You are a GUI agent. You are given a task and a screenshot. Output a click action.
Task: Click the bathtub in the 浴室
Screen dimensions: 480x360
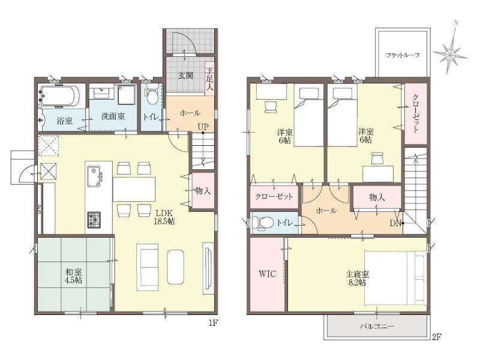coord(61,97)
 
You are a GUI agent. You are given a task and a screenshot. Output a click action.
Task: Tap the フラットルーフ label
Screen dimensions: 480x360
coord(402,55)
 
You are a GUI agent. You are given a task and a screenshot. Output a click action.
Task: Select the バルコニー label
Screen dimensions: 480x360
coord(377,326)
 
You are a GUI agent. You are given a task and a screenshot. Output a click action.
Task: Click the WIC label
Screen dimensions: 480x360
coord(267,274)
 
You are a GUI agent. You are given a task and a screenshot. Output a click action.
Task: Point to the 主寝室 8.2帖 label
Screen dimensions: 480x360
coord(357,278)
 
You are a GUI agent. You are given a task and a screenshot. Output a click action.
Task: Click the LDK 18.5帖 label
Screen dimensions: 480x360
coord(164,217)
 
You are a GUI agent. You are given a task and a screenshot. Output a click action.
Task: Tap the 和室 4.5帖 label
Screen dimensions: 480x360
coord(73,276)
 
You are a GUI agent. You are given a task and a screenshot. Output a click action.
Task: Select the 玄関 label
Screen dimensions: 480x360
coord(185,76)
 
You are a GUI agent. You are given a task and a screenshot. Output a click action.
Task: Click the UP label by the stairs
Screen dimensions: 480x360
coord(203,127)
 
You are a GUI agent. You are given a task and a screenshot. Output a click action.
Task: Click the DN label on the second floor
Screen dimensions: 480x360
coord(395,223)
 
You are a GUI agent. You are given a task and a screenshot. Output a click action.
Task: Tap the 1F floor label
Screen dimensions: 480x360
coord(214,323)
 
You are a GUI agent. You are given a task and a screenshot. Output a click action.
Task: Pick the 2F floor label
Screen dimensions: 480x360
coord(437,337)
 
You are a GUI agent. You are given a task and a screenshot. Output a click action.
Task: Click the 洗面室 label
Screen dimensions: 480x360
coord(113,116)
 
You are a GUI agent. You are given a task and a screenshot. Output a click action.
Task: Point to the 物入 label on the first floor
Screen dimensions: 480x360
coord(203,191)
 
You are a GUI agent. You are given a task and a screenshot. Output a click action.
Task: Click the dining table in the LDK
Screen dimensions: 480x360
coord(134,189)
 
